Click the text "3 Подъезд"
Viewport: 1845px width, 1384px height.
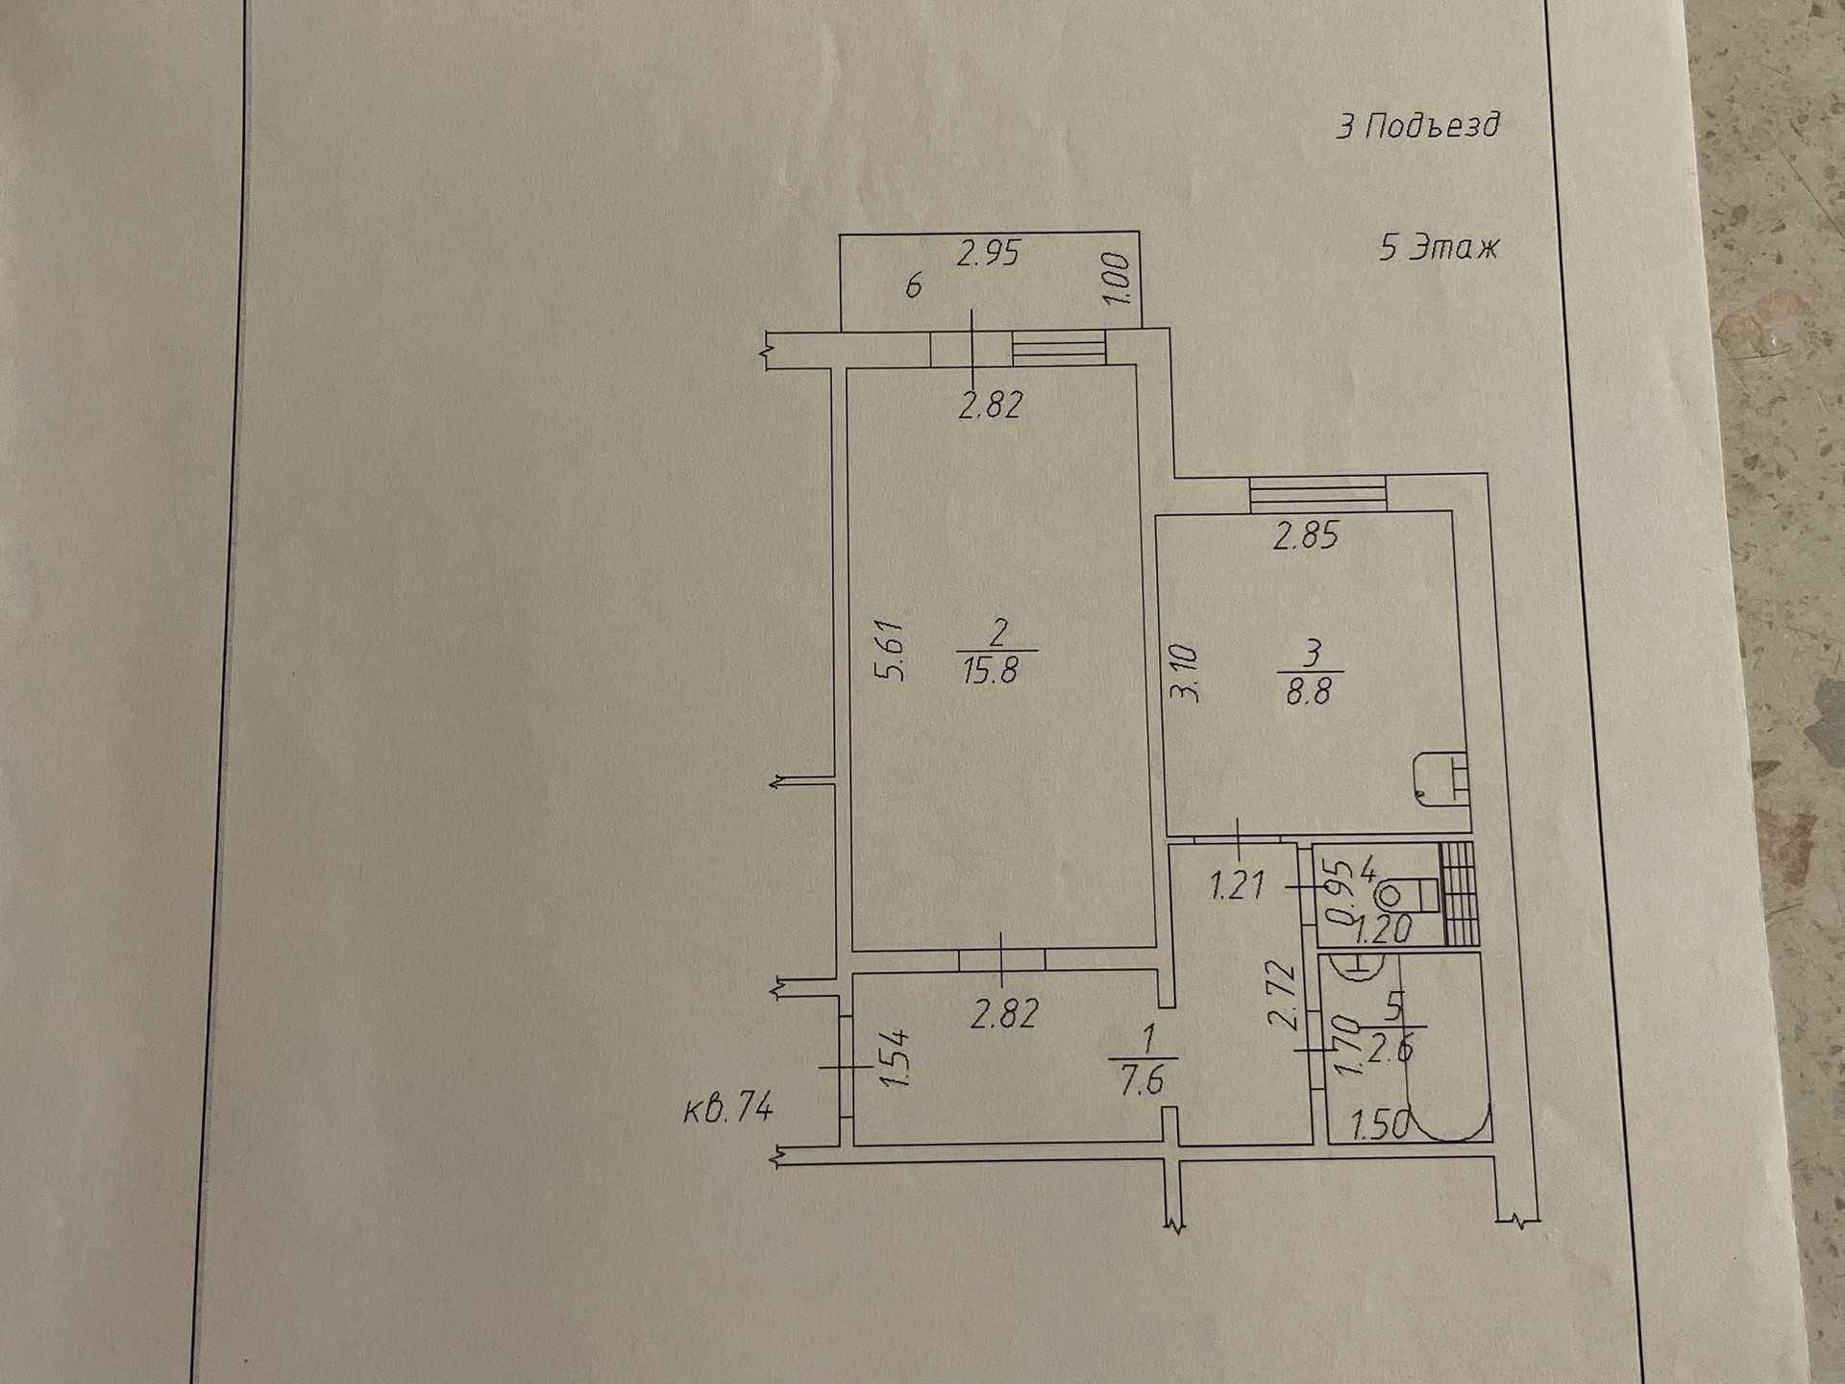coord(1417,126)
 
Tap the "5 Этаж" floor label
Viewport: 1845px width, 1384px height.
coord(1439,248)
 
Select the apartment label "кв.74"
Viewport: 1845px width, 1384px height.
coord(727,1108)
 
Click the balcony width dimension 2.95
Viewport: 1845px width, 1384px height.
coord(988,254)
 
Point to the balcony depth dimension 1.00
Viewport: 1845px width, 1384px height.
coord(1117,279)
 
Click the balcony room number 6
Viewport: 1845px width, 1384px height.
coord(913,285)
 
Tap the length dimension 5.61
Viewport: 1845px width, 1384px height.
coord(892,650)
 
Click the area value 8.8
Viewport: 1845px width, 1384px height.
coord(1308,691)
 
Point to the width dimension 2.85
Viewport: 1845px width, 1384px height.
coord(1305,535)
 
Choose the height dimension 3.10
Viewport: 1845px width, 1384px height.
coord(1187,674)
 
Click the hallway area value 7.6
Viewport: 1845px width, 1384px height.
coord(1142,1081)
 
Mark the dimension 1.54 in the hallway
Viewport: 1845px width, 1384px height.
coord(895,1058)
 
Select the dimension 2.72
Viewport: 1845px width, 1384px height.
coord(1284,997)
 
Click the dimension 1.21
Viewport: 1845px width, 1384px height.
coord(1238,884)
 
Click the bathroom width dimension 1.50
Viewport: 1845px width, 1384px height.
coord(1380,1125)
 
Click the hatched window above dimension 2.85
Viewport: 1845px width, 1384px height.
coord(1317,493)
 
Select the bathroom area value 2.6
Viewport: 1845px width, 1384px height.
coord(1390,1050)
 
